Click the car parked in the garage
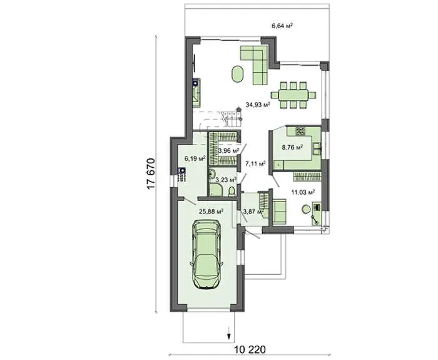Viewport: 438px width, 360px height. pos(206,254)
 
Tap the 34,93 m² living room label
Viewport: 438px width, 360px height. pos(258,105)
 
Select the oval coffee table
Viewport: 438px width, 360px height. pos(237,74)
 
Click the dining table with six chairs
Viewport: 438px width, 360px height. pos(293,95)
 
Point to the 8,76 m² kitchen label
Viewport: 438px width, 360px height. pos(293,147)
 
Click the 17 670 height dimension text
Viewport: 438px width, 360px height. pos(151,175)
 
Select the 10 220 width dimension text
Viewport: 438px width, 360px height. pos(250,349)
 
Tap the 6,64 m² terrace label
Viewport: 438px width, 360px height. pos(282,26)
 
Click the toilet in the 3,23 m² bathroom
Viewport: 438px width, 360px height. pos(232,192)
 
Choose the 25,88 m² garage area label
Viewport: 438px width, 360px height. pos(211,212)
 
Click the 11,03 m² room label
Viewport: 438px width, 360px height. pos(303,192)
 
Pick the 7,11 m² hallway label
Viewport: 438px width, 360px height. pos(255,163)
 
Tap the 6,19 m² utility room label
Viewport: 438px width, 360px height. pos(195,158)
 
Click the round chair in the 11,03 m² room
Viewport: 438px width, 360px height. pos(306,209)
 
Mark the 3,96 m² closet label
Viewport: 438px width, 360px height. pos(228,151)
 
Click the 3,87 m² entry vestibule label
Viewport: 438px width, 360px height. pos(253,212)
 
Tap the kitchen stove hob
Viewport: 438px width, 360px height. pos(301,130)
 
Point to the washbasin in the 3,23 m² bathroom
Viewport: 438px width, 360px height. pos(211,175)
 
